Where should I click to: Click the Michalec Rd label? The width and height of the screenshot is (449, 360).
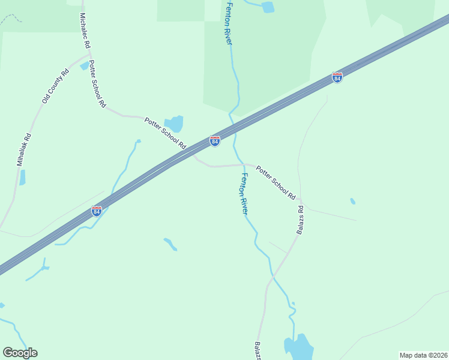[84, 30]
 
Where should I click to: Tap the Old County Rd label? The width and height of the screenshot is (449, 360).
[53, 85]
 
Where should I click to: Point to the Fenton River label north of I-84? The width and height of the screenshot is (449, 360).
[228, 23]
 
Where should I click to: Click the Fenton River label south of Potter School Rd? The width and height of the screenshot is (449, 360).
[245, 194]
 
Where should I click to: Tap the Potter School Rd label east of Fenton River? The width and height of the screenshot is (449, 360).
[276, 182]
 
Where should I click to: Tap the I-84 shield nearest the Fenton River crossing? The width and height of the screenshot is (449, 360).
[215, 141]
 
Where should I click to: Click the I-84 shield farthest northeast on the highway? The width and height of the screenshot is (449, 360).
[337, 78]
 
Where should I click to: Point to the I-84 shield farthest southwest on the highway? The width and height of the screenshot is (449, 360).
[96, 211]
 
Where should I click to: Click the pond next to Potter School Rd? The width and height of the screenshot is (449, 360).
[176, 123]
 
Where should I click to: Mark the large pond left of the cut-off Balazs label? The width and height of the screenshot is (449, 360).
[299, 347]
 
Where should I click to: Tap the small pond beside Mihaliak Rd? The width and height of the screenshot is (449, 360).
[22, 178]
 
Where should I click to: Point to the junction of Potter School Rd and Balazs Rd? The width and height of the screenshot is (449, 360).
[300, 200]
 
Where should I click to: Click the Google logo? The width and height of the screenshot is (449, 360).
[20, 353]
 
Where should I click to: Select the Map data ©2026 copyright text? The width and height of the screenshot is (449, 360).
[423, 355]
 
